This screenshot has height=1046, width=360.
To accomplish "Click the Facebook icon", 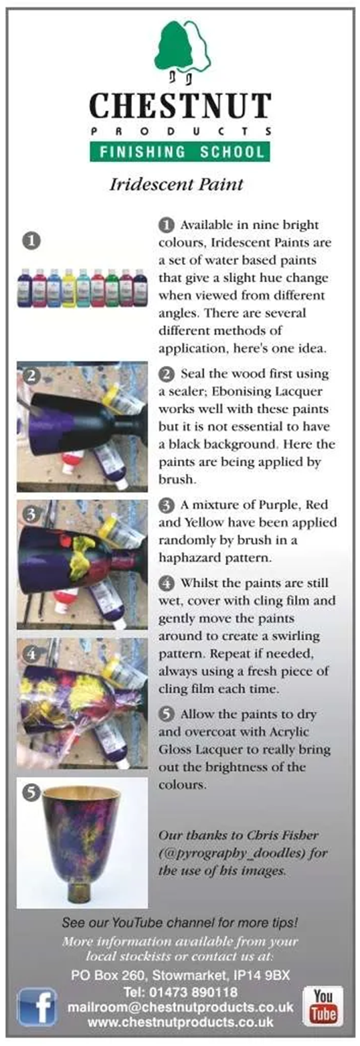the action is click(x=37, y=1007).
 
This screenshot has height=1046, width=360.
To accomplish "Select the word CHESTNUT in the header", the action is click(x=180, y=106).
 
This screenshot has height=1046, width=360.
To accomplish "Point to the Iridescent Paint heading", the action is click(x=177, y=184).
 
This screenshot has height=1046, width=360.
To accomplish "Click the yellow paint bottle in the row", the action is click(x=69, y=288).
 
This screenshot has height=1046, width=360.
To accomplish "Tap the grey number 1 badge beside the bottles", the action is click(x=31, y=241).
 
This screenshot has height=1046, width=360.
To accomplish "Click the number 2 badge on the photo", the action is click(x=30, y=375).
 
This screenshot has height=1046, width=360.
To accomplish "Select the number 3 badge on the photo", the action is click(x=31, y=515).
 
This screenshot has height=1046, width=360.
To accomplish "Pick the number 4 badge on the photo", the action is click(x=31, y=655).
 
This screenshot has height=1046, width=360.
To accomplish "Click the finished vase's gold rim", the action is click(x=81, y=792).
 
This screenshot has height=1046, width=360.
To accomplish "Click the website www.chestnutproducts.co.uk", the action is click(x=180, y=1022).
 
